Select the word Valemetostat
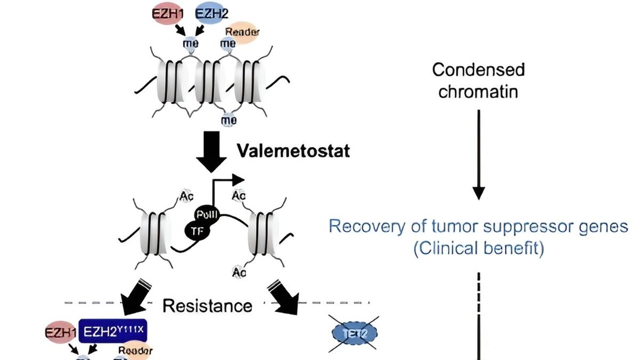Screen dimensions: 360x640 [293, 151]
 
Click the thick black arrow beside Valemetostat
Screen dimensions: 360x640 [211, 151]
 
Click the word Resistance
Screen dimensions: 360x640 [207, 306]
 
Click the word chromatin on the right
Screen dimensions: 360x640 [478, 91]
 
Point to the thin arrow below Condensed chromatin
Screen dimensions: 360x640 [478, 155]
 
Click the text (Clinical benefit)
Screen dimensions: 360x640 [478, 249]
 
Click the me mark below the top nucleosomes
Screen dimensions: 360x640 [229, 119]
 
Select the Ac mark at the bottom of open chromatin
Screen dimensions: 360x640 [239, 273]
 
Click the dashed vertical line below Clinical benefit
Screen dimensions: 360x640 [478, 293]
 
